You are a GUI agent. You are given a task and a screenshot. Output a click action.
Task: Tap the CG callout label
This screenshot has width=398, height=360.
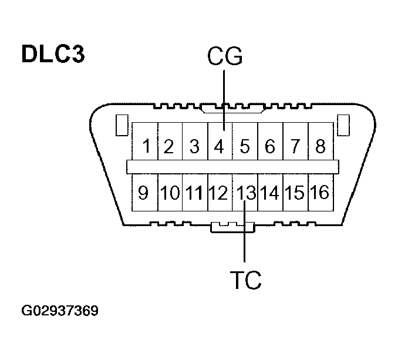(x=225, y=57)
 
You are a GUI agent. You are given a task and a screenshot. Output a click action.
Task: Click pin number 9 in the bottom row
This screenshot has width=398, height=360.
(x=144, y=192)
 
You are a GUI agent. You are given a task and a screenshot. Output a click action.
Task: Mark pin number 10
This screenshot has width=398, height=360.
(x=169, y=192)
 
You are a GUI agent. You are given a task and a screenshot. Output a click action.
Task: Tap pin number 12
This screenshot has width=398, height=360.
(x=219, y=192)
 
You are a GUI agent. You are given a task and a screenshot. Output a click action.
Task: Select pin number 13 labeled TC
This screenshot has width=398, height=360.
(x=245, y=192)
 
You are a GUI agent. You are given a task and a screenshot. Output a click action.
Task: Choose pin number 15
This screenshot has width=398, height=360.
(x=295, y=192)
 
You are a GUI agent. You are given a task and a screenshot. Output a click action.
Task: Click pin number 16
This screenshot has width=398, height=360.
(x=320, y=192)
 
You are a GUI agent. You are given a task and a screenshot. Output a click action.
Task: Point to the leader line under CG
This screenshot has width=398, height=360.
(x=224, y=100)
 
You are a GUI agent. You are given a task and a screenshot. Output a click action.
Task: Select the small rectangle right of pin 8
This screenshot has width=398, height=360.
(x=344, y=126)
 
